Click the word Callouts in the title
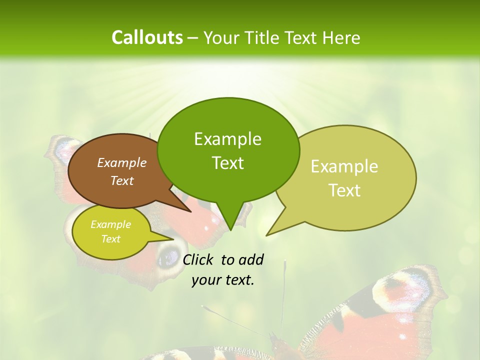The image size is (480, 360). coord(147,37)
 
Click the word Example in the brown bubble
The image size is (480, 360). coord(122,162)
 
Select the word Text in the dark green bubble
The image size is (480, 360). coord(228,163)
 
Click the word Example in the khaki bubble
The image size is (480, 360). coord(344,166)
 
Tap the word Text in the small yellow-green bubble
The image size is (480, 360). coord(111,239)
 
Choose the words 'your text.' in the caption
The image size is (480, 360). coord(223,280)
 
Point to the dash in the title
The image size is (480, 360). coord(193,38)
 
